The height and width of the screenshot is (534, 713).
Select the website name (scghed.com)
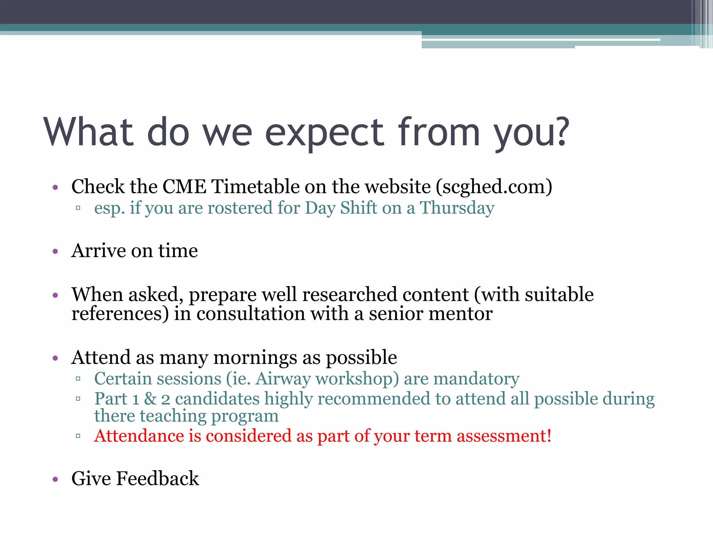tap(494, 187)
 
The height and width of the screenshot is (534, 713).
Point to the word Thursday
tap(457, 208)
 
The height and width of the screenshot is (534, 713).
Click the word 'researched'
tap(350, 294)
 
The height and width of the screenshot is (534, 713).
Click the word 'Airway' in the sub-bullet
tap(283, 379)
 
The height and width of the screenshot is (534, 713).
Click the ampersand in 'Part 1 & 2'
tap(150, 399)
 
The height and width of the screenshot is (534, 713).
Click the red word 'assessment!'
tap(504, 436)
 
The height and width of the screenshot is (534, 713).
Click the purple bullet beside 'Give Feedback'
tap(55, 479)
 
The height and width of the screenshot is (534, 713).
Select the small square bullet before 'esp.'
tap(78, 208)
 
